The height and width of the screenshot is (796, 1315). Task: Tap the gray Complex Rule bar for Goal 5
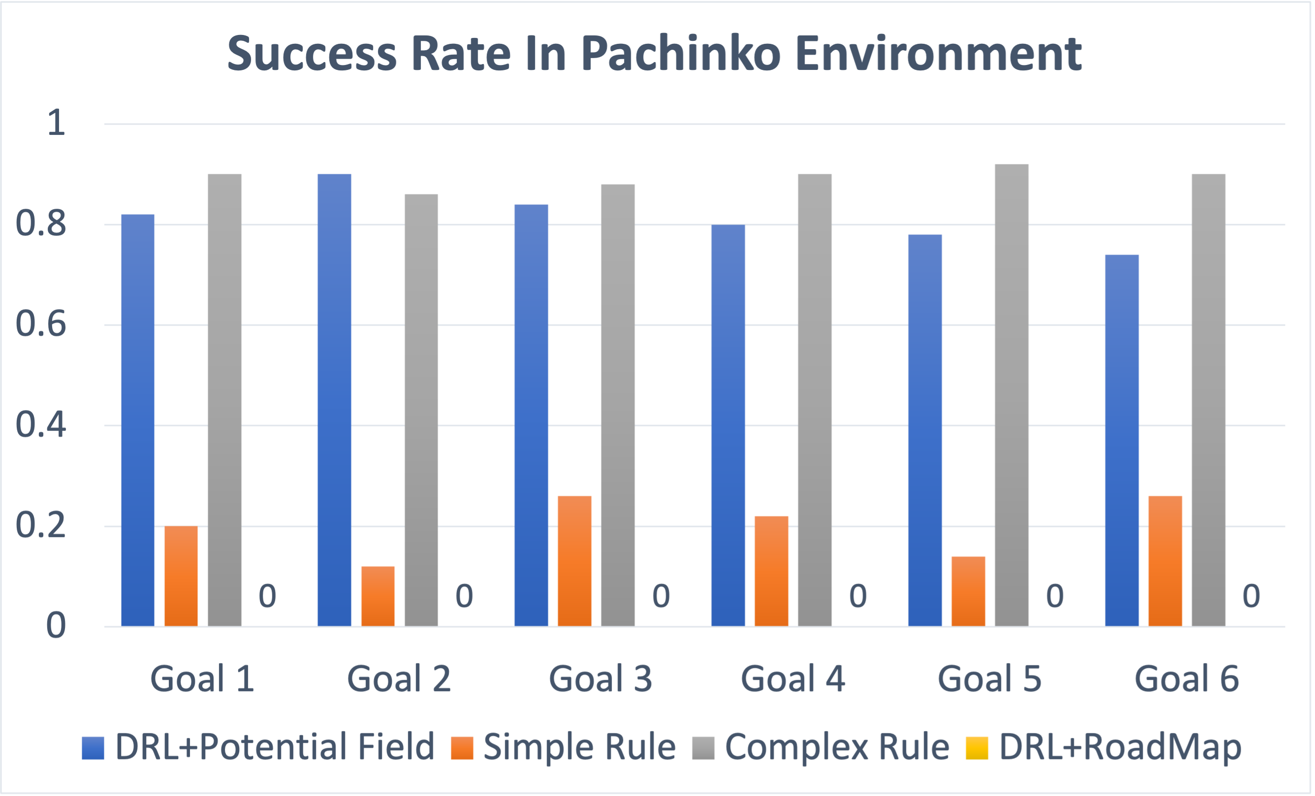(x=1011, y=395)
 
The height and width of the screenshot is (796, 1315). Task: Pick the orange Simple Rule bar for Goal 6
(x=1165, y=561)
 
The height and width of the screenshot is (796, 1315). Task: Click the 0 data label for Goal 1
(x=267, y=596)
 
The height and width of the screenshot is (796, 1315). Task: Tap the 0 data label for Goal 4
(x=858, y=596)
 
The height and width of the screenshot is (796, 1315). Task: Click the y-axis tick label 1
(x=56, y=123)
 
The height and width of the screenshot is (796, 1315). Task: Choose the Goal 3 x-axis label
(x=600, y=678)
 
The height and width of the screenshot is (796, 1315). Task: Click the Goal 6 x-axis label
(x=1187, y=678)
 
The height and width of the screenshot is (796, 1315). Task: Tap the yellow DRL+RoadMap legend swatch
(x=976, y=748)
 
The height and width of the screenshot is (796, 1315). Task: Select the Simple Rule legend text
(x=579, y=746)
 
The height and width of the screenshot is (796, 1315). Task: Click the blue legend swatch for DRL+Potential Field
(x=93, y=748)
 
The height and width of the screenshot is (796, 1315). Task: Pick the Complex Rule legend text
(x=837, y=746)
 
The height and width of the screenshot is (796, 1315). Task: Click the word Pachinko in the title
(x=682, y=54)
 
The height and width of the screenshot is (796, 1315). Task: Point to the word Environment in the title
(x=938, y=54)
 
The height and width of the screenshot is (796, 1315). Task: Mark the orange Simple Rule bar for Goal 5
(x=968, y=591)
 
